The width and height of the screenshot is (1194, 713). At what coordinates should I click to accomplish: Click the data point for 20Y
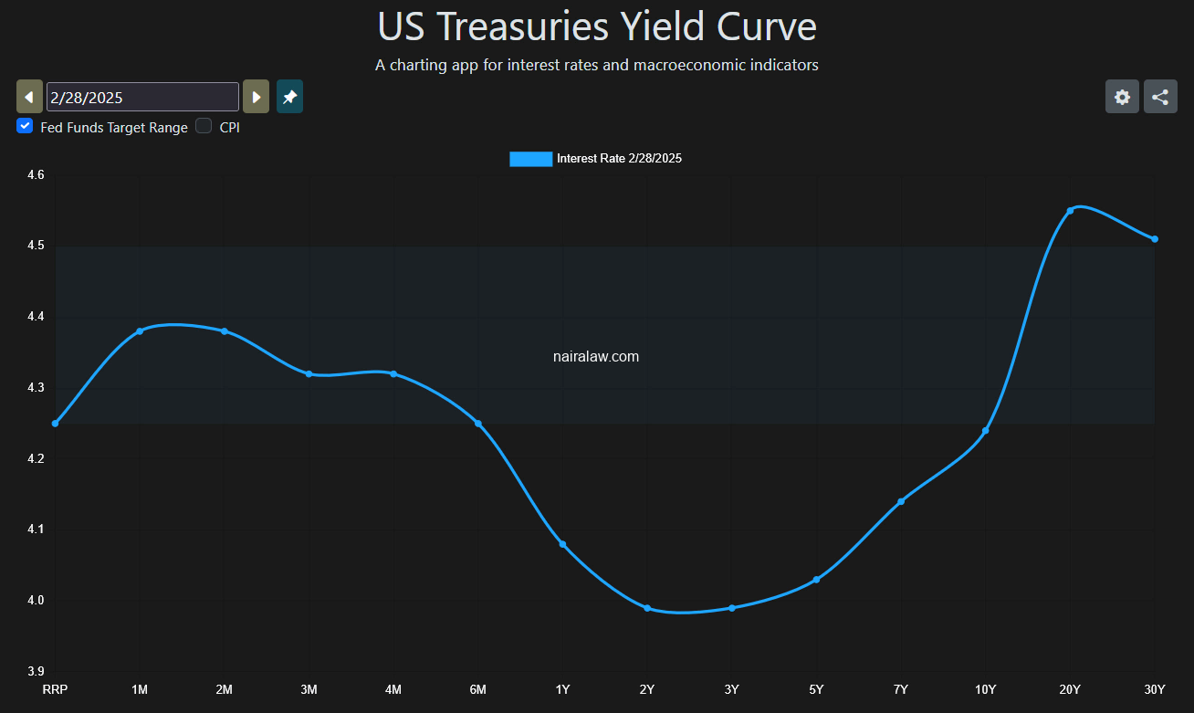pos(1070,211)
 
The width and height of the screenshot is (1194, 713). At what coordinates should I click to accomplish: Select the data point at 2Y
pos(647,608)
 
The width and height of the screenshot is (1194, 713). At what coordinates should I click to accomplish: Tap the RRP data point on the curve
pos(55,424)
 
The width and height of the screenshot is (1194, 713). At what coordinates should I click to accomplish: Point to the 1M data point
pos(140,331)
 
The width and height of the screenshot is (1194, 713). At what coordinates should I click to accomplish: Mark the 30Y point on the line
pos(1155,239)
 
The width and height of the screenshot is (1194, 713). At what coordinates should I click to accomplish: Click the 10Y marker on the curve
pos(986,431)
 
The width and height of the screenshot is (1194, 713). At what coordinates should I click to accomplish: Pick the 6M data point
pos(478,424)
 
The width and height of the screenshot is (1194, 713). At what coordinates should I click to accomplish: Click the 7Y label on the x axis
pos(901,689)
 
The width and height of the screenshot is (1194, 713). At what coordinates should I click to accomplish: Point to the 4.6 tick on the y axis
pos(35,175)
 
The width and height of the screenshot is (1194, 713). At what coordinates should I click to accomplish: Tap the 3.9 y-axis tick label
pos(35,671)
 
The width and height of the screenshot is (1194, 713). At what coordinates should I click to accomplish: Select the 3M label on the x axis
pos(309,689)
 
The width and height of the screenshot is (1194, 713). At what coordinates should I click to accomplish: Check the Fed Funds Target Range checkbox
pos(25,126)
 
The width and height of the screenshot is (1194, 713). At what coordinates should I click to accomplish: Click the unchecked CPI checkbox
pos(204,126)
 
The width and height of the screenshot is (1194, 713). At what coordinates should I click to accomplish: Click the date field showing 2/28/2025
pos(142,97)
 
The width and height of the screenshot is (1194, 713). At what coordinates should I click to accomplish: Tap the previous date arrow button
pos(29,97)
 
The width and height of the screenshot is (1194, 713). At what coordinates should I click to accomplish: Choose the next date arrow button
pos(257,97)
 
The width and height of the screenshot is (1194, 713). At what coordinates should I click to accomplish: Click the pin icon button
pos(289,97)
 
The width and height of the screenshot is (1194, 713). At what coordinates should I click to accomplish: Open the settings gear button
pos(1122,97)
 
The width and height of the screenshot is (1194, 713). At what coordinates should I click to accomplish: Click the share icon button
pos(1160,97)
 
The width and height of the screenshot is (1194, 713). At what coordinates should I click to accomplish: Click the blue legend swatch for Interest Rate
pos(530,159)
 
